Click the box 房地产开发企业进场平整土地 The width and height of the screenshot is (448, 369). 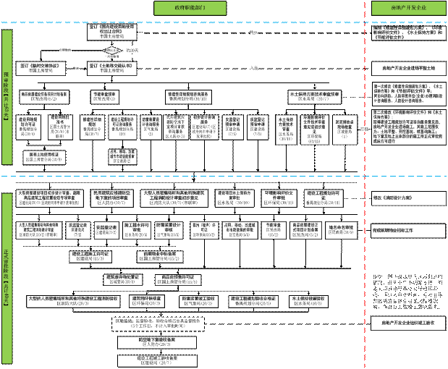[403, 68]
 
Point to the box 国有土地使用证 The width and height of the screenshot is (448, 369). [45, 156]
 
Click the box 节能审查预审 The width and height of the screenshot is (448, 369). [104, 96]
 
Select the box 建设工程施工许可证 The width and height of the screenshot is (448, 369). [90, 255]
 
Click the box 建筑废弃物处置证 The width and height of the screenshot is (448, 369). [123, 279]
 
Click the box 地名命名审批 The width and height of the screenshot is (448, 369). [341, 229]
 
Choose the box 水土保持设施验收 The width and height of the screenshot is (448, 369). [310, 300]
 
